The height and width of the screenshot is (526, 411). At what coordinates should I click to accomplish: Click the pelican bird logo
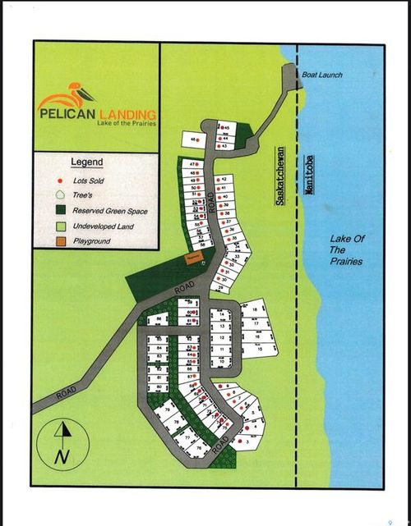pyautogui.click(x=73, y=92)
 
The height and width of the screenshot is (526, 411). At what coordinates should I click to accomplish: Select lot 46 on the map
pyautogui.click(x=193, y=140)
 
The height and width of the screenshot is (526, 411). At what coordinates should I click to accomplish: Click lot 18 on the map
pyautogui.click(x=255, y=309)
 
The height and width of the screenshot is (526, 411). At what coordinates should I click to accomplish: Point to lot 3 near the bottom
pyautogui.click(x=247, y=441)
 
